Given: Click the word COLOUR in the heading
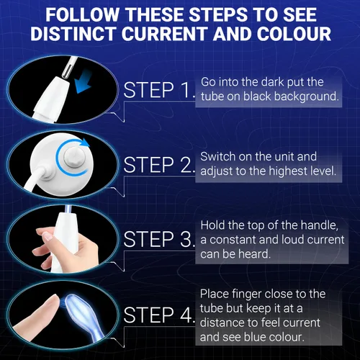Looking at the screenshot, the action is [x=294, y=33].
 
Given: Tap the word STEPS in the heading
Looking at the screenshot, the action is [x=219, y=14].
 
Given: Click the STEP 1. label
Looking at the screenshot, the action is [x=159, y=90].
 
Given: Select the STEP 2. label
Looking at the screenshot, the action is [x=159, y=165].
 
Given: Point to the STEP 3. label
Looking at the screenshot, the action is [x=159, y=239].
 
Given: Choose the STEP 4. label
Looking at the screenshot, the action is [x=159, y=315].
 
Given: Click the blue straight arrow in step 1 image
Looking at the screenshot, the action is [x=83, y=84].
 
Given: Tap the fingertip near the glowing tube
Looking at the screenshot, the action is [x=55, y=300].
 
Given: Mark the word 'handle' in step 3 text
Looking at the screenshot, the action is [x=320, y=225].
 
